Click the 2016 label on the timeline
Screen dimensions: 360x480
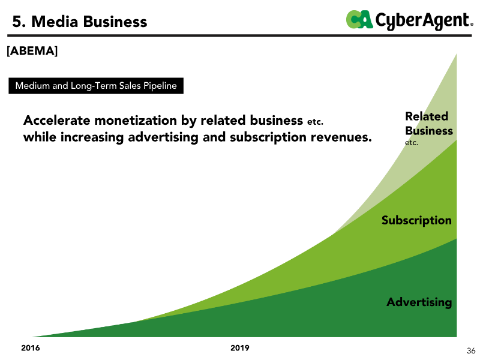[x=31, y=348]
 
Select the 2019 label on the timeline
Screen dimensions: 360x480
[x=240, y=348]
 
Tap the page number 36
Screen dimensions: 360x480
[x=471, y=351]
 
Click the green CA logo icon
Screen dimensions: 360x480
[x=359, y=20]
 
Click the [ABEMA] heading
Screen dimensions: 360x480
[x=32, y=52]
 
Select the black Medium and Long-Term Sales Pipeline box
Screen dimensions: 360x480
[x=96, y=86]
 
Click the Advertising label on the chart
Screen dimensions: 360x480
[x=419, y=302]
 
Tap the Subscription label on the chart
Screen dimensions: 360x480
[x=416, y=220]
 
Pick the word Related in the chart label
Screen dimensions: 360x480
[x=427, y=116]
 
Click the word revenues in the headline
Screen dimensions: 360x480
[x=342, y=137]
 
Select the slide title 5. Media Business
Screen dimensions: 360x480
[x=80, y=22]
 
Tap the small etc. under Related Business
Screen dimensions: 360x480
[x=412, y=143]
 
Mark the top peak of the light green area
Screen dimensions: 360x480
[x=456, y=55]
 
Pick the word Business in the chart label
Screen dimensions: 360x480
[x=429, y=131]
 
